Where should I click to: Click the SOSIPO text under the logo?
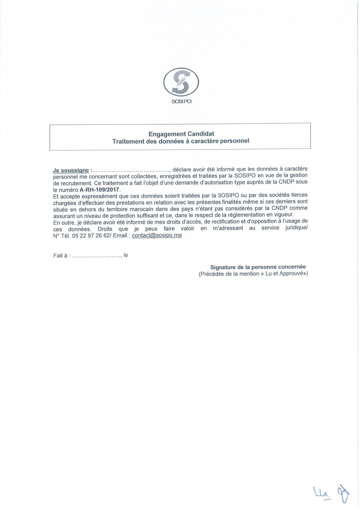coord(181,101)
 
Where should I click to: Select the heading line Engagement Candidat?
coord(181,134)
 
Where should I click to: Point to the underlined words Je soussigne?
coord(71,170)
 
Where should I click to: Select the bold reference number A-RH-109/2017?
coord(99,190)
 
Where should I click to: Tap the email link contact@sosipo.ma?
coord(157,235)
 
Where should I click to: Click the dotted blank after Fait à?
coord(96,256)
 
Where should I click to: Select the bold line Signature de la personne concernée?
coord(258,267)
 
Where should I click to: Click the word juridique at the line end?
coord(296,228)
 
